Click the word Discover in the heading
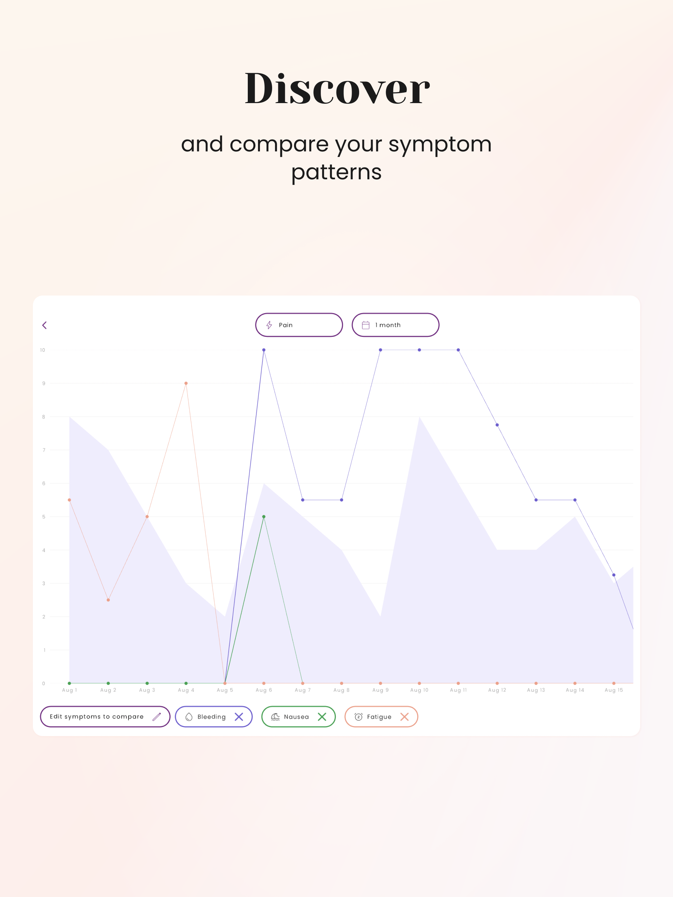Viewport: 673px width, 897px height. pos(337,88)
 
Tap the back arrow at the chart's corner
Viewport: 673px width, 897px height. pos(45,325)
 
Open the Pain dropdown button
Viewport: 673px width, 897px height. pos(299,325)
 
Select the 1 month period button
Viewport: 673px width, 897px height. pos(395,325)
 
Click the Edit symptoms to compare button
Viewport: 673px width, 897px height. pos(105,716)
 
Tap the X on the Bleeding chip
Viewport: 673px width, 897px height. pos(239,716)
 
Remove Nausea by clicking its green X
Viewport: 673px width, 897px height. pos(322,716)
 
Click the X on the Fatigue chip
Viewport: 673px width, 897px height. pos(404,716)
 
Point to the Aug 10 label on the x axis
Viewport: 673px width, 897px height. pos(419,690)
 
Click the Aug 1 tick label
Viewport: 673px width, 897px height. pos(69,690)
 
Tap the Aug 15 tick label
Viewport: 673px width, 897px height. pos(614,690)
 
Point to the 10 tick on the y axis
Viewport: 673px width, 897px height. pos(43,350)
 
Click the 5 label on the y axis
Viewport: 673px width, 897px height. pos(44,516)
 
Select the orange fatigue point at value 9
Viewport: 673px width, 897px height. pos(186,383)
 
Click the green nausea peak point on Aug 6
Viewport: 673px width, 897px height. pos(264,516)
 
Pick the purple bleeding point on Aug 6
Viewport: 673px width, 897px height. pos(264,350)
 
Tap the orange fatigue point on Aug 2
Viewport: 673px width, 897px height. pos(108,600)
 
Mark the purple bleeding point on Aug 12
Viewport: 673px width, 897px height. pos(497,425)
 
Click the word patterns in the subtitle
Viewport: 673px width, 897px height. pos(336,172)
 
